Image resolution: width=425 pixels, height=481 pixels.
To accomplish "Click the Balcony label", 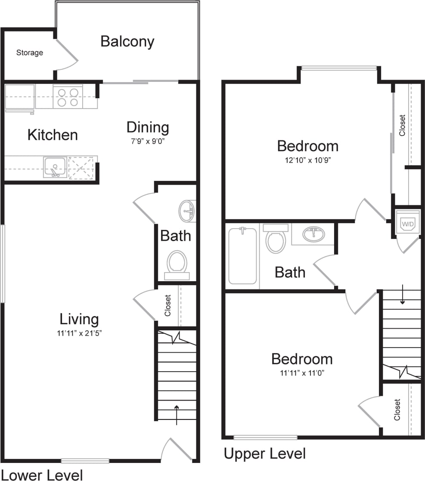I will pos(127,42).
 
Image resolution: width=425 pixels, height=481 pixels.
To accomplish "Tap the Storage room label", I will pos(30,53).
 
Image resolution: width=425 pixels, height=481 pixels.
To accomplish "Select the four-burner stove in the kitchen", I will pos(68,97).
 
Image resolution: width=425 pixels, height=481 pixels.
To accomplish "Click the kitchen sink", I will pos(55,167).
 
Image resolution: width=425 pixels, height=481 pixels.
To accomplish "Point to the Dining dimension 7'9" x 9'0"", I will pos(148,141).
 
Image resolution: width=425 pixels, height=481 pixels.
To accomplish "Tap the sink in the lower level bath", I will pos(187,211).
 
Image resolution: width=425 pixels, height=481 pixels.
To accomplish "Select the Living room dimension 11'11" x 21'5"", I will pos(79,333).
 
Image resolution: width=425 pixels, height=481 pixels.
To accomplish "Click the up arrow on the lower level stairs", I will pos(177,414).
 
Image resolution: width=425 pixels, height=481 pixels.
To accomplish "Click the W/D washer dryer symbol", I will pos(407,224).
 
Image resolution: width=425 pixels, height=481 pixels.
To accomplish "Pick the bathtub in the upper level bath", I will pos(242,256).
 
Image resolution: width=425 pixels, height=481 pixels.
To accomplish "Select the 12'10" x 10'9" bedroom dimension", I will pos(307,160).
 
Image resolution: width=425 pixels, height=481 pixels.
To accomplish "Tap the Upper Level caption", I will pos(265,453).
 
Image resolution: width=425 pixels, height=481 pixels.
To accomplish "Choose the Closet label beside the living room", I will pos(168,305).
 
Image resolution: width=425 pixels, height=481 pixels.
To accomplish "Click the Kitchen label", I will pos(53,135).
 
